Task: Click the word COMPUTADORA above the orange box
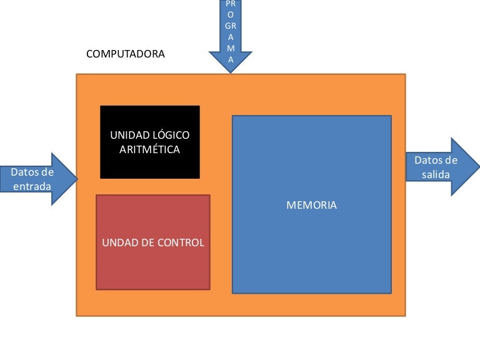tap(126, 54)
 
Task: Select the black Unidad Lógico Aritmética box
tap(150, 142)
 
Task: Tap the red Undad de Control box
tap(153, 242)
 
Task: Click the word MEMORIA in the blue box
tap(311, 205)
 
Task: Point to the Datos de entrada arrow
tap(37, 179)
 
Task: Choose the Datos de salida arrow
tap(441, 167)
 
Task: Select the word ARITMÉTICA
tap(149, 150)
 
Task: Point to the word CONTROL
tap(181, 242)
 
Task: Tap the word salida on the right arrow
tap(436, 174)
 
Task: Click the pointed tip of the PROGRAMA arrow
tap(231, 71)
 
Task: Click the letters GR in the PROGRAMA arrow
tap(231, 26)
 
